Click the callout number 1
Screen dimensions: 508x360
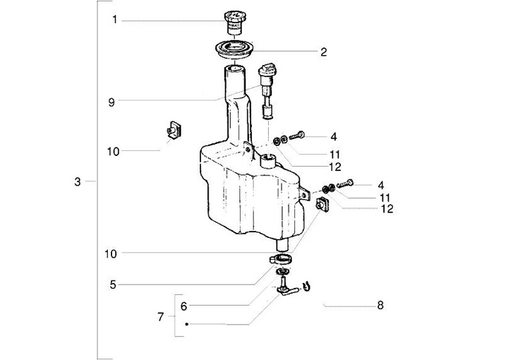coord(115,20)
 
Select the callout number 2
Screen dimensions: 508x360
coord(324,52)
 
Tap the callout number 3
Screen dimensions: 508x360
coord(77,182)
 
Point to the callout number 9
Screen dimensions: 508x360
coord(111,103)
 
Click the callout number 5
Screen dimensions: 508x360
coord(113,285)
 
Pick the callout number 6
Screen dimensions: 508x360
coord(183,306)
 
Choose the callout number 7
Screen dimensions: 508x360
coord(161,316)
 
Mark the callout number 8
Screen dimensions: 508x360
coord(380,305)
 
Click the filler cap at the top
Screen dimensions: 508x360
coord(233,22)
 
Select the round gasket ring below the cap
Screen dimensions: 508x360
coord(234,49)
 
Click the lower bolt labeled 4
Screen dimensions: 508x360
coord(345,184)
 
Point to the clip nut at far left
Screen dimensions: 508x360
coord(174,129)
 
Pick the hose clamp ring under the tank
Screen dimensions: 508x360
coord(281,259)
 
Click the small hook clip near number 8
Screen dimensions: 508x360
coord(306,286)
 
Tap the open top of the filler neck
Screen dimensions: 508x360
coord(234,68)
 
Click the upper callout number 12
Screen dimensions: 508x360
coord(335,167)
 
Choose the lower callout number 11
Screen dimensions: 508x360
coord(385,198)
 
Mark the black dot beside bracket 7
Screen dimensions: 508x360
coord(186,324)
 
